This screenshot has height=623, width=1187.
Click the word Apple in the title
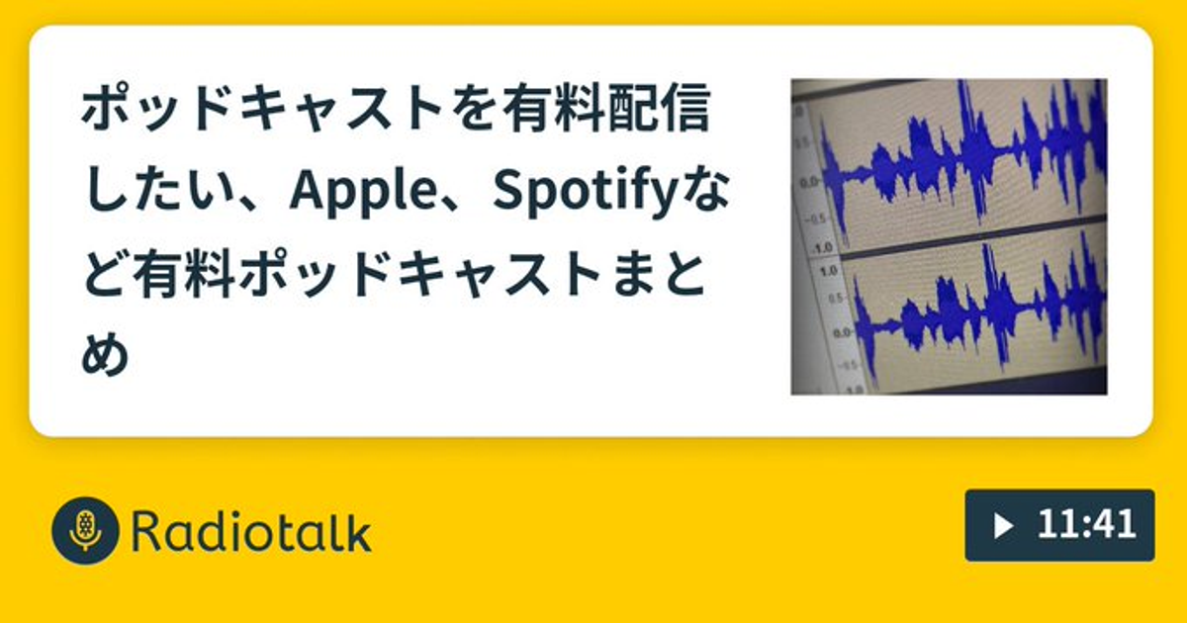pos(363,192)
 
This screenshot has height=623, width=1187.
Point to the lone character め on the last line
pos(106,354)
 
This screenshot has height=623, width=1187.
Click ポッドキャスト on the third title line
pos(419,275)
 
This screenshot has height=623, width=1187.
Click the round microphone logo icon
pos(85,530)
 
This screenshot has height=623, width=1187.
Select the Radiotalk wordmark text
pos(251,531)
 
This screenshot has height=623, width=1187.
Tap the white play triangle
pos(1002,526)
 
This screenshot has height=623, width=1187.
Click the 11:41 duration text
pos(1086,525)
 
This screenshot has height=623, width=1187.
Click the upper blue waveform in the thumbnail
pos(964,159)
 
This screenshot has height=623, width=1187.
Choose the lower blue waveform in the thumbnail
pos(980,317)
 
